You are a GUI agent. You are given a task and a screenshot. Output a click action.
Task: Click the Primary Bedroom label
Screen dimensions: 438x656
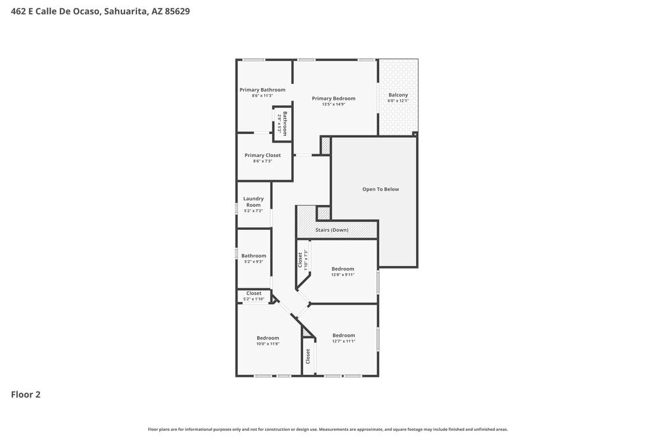coord(333,99)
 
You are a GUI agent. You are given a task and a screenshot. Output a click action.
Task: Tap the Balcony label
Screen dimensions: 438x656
coord(398,95)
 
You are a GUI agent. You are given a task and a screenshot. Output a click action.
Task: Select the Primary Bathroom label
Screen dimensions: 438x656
coord(262,90)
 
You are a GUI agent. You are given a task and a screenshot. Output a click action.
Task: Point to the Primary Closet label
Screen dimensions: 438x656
coord(262,156)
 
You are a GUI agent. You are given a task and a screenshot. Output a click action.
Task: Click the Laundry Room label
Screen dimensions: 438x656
coord(253,202)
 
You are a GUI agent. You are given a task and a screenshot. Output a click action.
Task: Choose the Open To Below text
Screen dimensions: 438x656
coord(380,189)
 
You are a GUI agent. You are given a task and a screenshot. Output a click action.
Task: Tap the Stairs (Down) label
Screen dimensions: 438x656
coord(332,230)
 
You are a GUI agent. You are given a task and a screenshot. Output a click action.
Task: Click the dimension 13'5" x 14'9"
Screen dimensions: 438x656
coord(333,104)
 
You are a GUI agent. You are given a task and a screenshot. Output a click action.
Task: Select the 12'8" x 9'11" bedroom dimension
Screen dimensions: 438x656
coord(342,274)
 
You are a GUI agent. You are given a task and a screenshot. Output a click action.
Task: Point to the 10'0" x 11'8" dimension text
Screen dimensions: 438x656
coord(268,343)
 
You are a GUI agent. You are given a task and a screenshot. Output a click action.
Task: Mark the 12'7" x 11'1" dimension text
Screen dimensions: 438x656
coord(343,341)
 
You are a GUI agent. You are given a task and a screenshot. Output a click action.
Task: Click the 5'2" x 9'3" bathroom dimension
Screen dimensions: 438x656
coord(254,261)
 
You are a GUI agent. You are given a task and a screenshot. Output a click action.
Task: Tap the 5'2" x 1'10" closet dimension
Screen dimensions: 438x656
coord(254,299)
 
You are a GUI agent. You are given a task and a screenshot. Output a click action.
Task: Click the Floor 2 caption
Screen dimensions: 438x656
coord(26,395)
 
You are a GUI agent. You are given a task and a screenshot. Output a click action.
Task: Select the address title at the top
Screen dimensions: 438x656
coord(100,11)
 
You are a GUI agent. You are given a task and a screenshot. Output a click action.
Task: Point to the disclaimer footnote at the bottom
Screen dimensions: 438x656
coord(327,429)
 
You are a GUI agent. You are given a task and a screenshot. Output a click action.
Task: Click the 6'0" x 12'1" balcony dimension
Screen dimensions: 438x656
coord(398,101)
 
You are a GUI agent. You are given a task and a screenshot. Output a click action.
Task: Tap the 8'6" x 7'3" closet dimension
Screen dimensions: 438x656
coord(262,161)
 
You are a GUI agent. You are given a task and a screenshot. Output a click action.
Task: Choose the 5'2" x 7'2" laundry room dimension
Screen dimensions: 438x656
coord(253,211)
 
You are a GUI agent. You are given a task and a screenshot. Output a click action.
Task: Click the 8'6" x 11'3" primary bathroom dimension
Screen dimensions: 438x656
coord(262,96)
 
